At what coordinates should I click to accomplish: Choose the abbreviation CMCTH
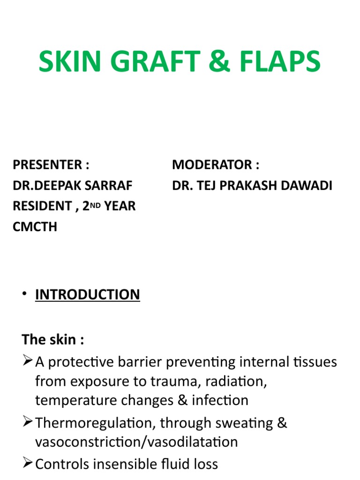(35, 227)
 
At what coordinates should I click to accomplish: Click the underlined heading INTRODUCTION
(88, 295)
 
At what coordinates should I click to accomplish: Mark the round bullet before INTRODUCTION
(25, 295)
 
